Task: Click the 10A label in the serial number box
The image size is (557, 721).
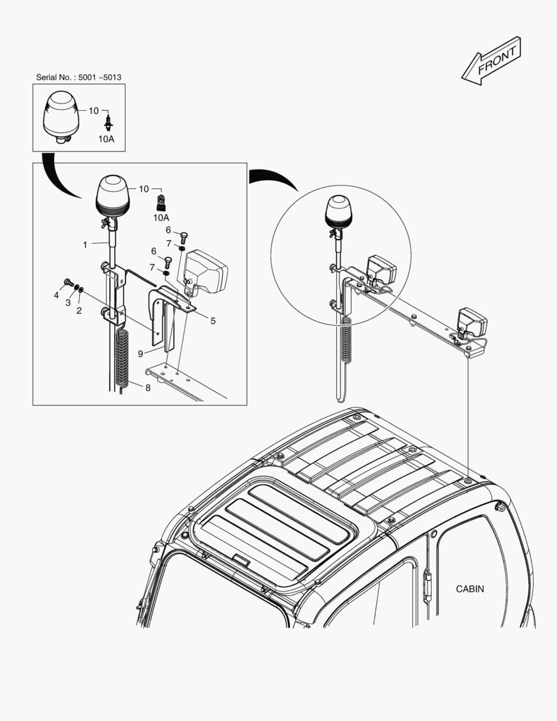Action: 107,139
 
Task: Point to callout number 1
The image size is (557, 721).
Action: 85,245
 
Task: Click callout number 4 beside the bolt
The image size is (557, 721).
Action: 57,294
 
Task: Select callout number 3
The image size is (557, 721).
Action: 67,302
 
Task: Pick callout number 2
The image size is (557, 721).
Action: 79,310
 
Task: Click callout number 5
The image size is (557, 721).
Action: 213,320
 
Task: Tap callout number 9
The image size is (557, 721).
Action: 141,353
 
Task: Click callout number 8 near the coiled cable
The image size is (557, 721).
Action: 147,387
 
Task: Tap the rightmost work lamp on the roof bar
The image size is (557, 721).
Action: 472,322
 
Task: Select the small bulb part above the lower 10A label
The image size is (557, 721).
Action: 160,202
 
